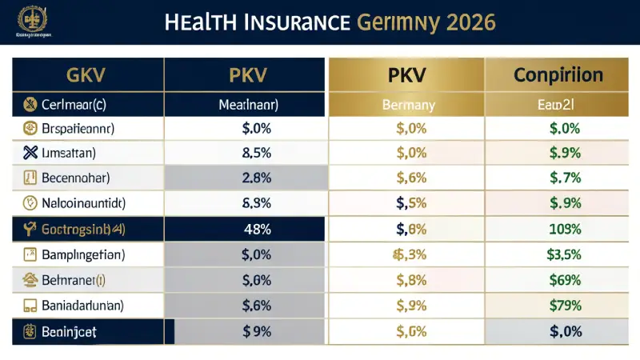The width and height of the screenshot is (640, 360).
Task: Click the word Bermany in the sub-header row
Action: (409, 104)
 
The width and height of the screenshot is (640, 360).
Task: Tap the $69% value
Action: (563, 279)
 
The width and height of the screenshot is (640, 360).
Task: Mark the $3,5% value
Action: (563, 254)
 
